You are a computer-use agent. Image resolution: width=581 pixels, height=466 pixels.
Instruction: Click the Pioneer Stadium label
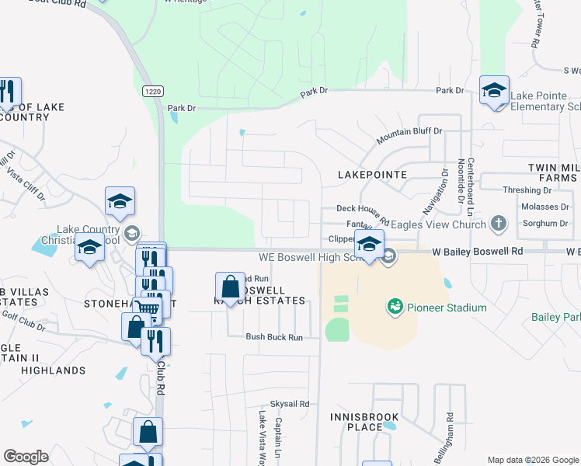448,308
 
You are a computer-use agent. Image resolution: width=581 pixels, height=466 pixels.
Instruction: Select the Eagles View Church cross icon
499,224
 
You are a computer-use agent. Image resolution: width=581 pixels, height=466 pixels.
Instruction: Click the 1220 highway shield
152,91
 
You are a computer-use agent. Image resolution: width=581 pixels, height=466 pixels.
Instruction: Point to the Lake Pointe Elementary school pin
494,92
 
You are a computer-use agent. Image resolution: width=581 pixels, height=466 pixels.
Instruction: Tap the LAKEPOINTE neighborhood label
372,175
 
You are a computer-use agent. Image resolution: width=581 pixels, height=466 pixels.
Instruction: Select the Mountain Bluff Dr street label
409,137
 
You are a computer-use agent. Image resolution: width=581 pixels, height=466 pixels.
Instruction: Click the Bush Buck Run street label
273,337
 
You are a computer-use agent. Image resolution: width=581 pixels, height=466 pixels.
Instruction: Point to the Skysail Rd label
289,404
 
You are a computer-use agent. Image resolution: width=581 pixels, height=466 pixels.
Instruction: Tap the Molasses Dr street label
542,207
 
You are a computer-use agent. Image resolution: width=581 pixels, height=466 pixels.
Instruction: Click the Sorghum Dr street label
542,223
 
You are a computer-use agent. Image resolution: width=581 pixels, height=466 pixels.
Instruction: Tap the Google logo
26,457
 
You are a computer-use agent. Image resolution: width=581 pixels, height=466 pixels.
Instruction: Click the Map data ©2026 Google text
533,460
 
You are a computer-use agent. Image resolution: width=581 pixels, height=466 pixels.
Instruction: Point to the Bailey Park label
555,317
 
